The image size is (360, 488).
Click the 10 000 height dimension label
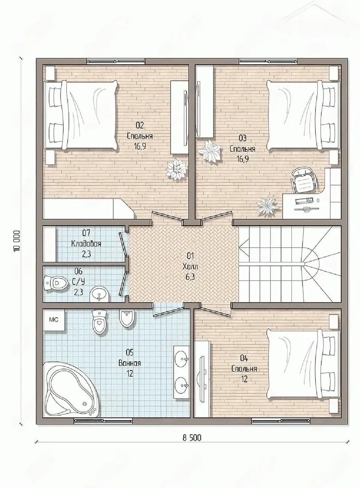tap(17, 241)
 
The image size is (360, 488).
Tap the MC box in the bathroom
tap(54, 320)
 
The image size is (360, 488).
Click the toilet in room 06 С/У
tap(55, 283)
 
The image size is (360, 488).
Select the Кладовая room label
tap(86, 244)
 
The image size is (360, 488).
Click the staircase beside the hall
tap(290, 264)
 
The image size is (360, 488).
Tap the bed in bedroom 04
tap(303, 364)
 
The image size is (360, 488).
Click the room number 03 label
tap(242, 138)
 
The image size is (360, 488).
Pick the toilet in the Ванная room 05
tap(99, 321)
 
